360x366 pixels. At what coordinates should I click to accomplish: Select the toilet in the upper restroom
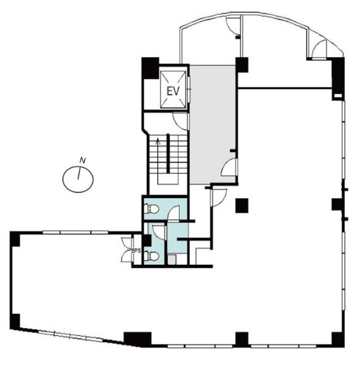(x=152, y=210)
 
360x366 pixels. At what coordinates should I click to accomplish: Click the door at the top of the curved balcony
(x=233, y=25)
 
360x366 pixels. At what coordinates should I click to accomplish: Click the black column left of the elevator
(x=150, y=66)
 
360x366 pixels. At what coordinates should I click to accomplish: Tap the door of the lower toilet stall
(x=159, y=232)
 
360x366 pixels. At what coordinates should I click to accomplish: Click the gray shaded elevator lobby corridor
(x=212, y=123)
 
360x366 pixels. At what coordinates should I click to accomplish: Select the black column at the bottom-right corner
(x=337, y=338)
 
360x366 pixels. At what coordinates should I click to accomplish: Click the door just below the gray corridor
(x=217, y=196)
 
